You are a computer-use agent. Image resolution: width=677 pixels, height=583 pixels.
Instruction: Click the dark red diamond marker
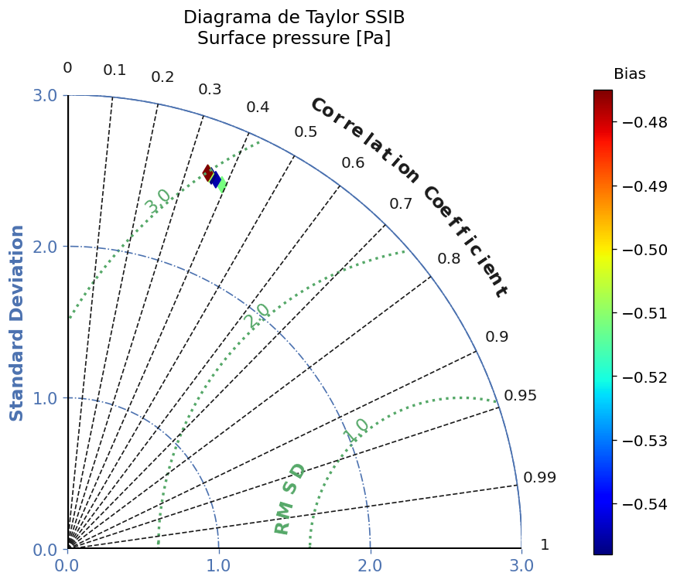tap(207, 173)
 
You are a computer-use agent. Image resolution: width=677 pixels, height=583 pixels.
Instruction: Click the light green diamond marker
tap(222, 185)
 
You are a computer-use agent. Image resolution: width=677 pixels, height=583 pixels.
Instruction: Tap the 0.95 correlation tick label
tap(520, 395)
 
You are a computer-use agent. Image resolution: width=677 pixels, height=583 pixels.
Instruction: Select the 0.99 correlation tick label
tap(540, 477)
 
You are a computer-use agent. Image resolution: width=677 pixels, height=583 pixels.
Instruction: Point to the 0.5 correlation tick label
tap(306, 132)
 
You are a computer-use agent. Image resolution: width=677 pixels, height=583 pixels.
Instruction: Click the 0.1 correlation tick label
tap(115, 70)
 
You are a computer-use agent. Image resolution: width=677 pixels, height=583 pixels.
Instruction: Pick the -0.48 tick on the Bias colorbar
tap(645, 123)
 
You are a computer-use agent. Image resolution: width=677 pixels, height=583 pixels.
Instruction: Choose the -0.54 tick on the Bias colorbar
tap(645, 504)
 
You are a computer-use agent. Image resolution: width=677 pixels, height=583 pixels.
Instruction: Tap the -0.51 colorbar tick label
tap(645, 313)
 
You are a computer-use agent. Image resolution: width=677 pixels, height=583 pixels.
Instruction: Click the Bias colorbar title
tap(630, 73)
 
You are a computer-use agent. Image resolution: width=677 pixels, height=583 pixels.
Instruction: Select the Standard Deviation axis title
tap(16, 322)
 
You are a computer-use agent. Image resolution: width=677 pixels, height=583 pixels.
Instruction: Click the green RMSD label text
tap(289, 499)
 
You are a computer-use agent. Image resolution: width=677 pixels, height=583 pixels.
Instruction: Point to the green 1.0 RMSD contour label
tap(357, 431)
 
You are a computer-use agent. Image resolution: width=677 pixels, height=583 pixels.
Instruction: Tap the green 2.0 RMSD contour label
tap(258, 316)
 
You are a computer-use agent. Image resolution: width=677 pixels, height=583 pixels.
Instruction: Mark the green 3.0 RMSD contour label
tap(158, 201)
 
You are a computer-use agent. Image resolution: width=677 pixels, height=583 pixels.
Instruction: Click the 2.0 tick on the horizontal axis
tap(370, 565)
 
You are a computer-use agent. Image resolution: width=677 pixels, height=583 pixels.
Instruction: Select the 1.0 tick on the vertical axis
tap(45, 398)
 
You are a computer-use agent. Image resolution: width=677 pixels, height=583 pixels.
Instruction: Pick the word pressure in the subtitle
tap(311, 38)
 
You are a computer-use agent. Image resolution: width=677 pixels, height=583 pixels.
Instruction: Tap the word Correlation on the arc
tap(365, 139)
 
